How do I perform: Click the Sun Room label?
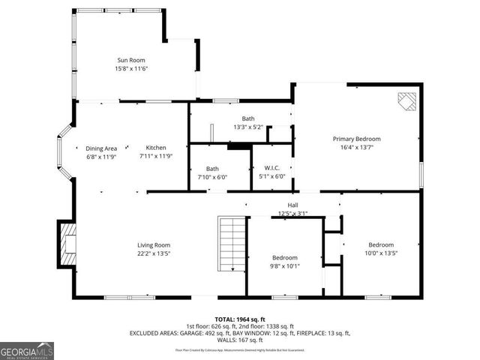click(x=130, y=60)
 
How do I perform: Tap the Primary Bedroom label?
click(x=357, y=139)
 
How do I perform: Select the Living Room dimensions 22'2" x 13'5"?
click(x=153, y=254)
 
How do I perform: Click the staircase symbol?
click(x=231, y=244)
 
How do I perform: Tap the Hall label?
click(x=293, y=205)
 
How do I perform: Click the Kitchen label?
click(x=156, y=148)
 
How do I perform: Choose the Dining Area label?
click(x=101, y=148)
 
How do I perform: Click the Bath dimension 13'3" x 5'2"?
click(x=248, y=127)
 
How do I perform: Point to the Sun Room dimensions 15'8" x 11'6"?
click(x=130, y=69)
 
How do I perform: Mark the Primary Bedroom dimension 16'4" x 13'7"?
click(x=357, y=148)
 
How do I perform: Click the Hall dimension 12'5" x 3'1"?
click(x=293, y=213)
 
